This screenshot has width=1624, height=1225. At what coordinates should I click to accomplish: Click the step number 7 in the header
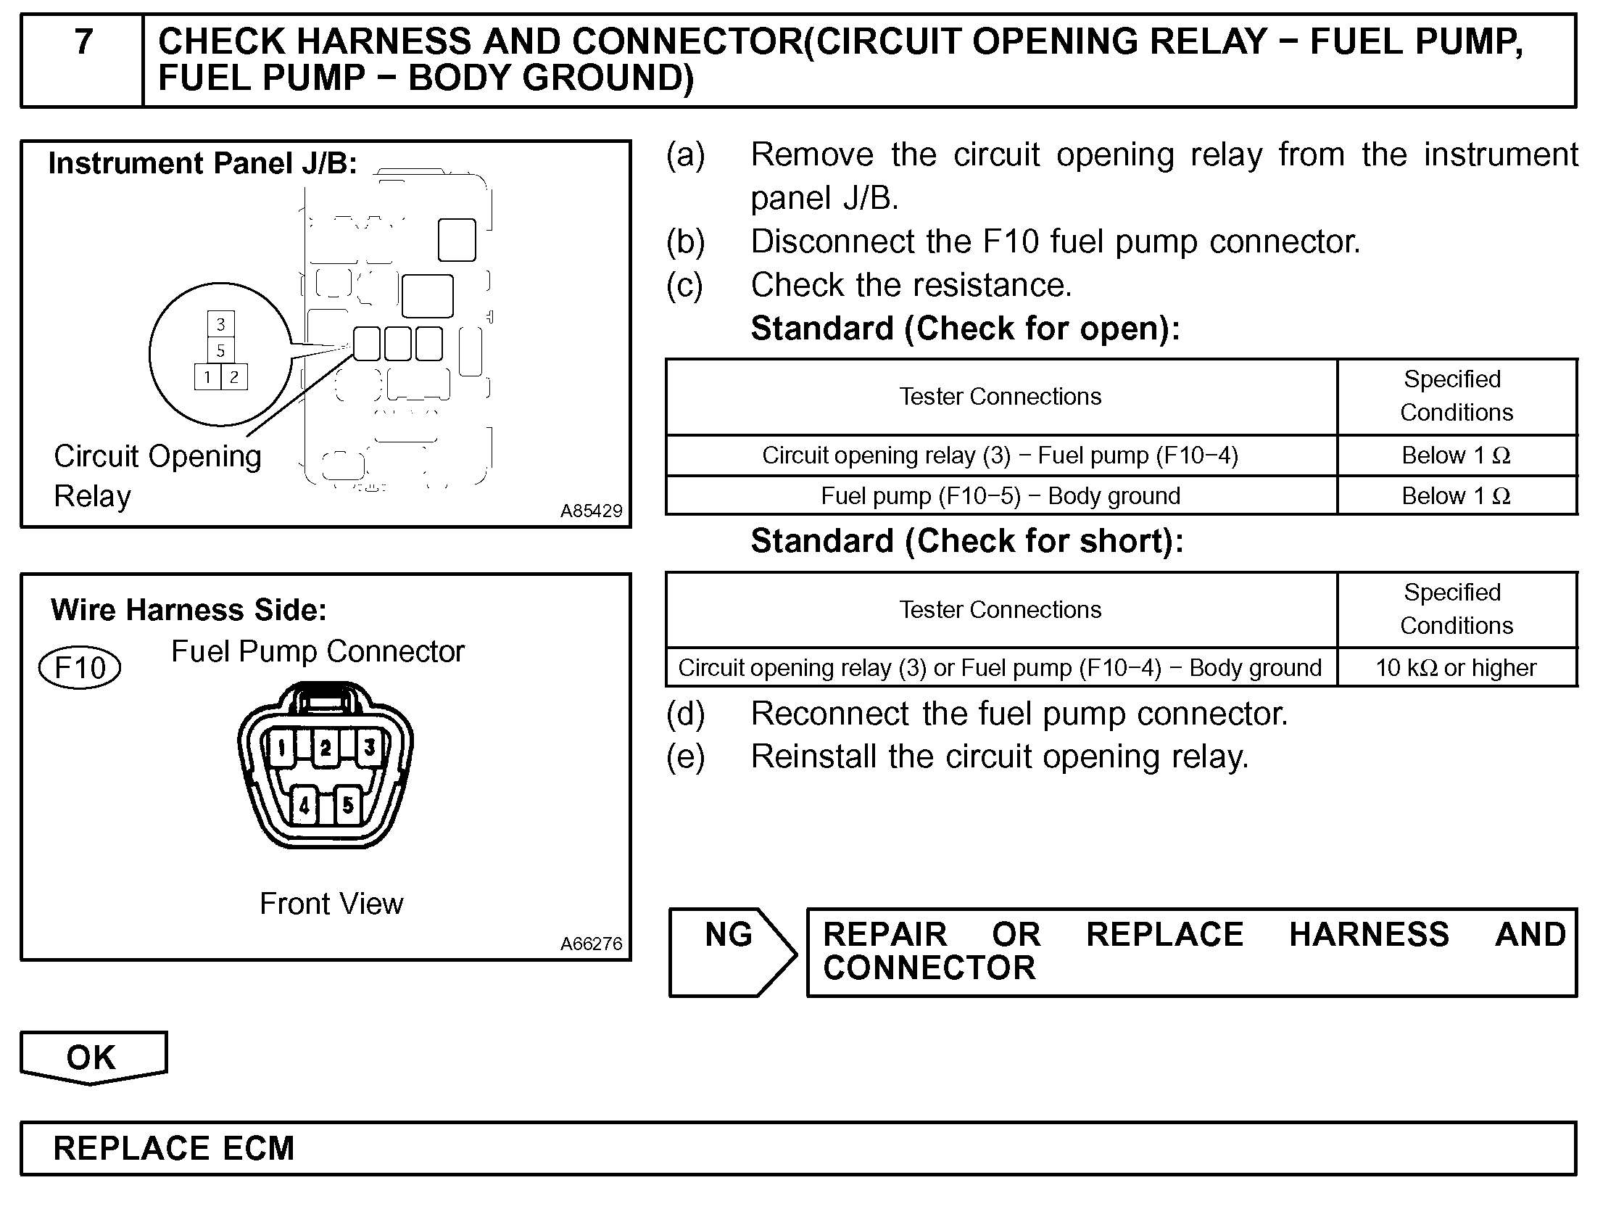[83, 42]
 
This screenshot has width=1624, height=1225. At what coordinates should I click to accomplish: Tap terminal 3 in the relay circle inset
[220, 324]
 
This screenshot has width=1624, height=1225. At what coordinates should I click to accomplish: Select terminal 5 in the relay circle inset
[220, 350]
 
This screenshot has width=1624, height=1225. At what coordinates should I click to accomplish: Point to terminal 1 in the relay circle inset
[208, 377]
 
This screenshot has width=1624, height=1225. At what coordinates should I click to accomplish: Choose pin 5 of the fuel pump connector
[348, 805]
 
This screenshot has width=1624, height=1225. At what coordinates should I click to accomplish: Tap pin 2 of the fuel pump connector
[326, 748]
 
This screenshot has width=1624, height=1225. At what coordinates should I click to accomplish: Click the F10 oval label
[79, 667]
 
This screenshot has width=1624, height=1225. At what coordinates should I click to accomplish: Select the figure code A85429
[591, 511]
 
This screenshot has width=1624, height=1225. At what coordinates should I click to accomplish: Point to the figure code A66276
[591, 944]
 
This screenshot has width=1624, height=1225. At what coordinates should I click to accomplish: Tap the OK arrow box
[92, 1057]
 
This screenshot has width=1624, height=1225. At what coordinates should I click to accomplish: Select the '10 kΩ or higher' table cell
[1456, 667]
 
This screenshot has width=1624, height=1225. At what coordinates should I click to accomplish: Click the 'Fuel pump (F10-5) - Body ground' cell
[1000, 495]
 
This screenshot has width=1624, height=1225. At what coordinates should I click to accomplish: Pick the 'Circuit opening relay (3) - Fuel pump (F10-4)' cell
[1000, 455]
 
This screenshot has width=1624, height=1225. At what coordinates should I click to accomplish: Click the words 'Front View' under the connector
[331, 903]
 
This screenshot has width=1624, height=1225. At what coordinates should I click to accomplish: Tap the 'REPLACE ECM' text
[174, 1148]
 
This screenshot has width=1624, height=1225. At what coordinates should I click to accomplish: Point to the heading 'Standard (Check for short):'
[967, 541]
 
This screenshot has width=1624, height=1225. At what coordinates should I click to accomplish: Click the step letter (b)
[685, 242]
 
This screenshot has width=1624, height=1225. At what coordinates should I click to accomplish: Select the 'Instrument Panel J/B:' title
[202, 163]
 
